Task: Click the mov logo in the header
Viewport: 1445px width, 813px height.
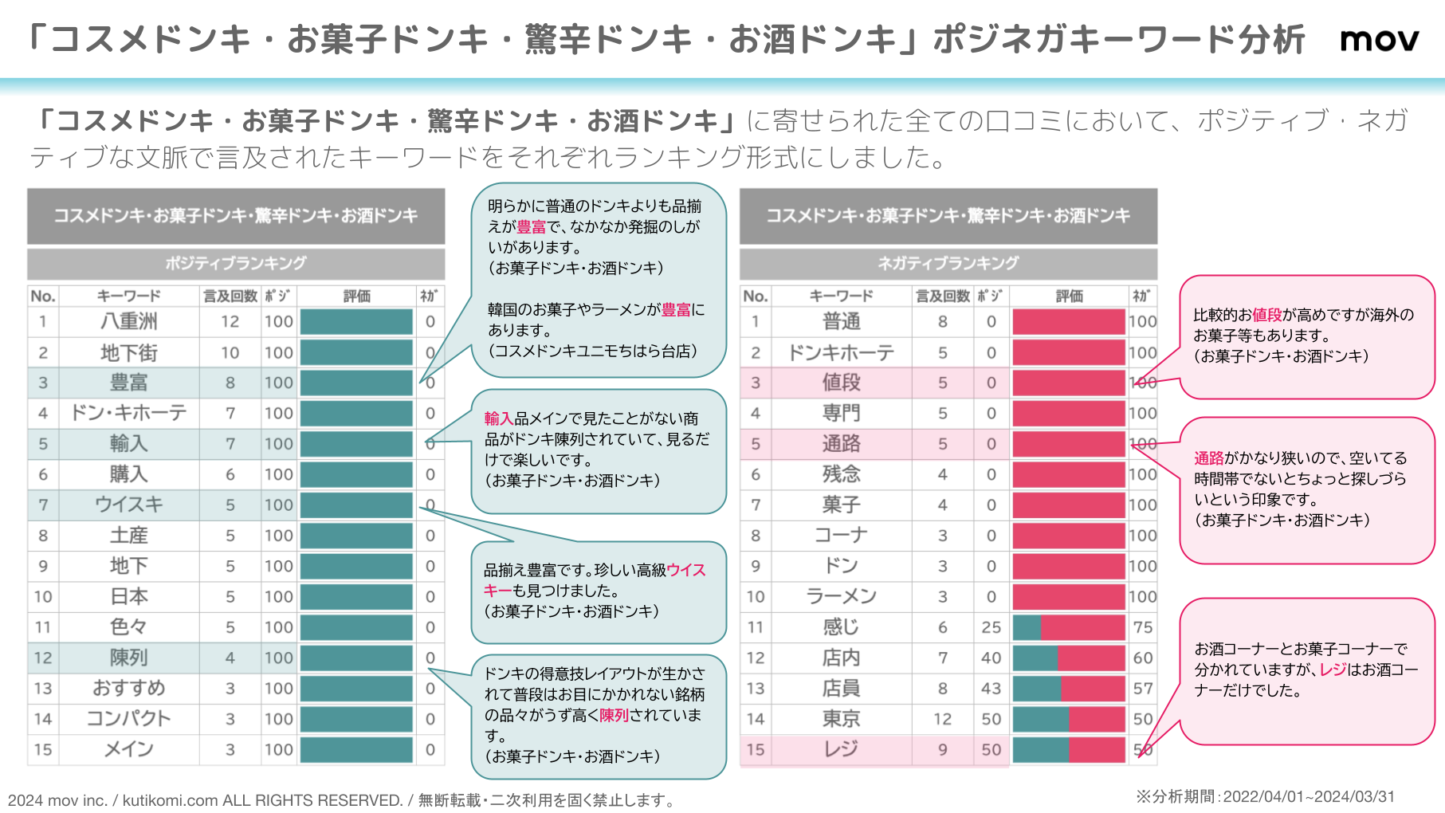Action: (x=1379, y=40)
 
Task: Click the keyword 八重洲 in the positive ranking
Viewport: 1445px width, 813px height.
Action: (x=128, y=321)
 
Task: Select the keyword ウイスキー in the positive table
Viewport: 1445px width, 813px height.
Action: (x=128, y=505)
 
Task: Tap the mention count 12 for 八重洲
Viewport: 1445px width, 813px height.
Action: (x=230, y=321)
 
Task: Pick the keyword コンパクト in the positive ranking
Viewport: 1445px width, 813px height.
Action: (x=128, y=719)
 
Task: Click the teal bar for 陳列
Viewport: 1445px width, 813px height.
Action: (x=356, y=658)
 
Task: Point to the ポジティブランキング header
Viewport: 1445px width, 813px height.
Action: (x=236, y=263)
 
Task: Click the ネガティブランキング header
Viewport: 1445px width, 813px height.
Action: (x=948, y=263)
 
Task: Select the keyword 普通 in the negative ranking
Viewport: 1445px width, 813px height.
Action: (x=841, y=321)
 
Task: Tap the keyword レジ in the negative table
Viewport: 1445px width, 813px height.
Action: (x=841, y=749)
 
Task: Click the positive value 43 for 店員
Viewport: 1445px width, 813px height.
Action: (x=991, y=688)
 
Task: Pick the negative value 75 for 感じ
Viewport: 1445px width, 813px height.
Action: (x=1142, y=627)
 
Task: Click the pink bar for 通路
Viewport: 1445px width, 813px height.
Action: (x=1068, y=444)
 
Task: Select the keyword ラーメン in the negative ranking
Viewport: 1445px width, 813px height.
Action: (x=841, y=596)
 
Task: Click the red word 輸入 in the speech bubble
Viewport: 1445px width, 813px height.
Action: (x=499, y=418)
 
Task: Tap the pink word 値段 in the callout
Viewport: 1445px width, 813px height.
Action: (x=1266, y=315)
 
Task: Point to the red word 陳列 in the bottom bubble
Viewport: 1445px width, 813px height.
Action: (x=614, y=715)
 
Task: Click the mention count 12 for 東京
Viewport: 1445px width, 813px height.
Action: (x=942, y=719)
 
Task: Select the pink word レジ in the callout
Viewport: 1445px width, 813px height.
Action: (x=1333, y=670)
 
